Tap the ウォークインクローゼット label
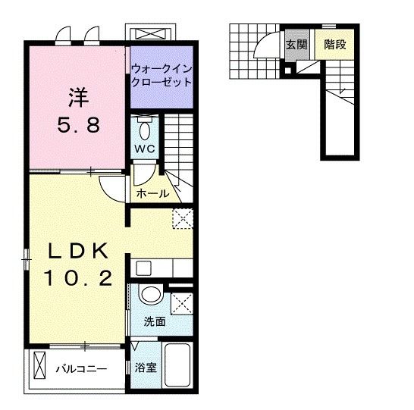[x=162, y=76]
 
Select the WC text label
[x=146, y=149]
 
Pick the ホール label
[x=152, y=194]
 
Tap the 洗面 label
[x=155, y=321]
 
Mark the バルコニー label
[x=81, y=370]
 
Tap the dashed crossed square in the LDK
[x=182, y=218]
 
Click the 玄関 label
[x=296, y=45]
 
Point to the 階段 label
[x=334, y=45]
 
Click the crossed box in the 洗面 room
[x=181, y=304]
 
